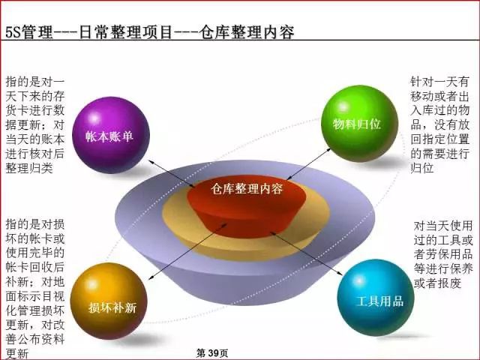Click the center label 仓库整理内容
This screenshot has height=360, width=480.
click(x=247, y=189)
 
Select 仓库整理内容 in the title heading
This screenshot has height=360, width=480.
click(x=247, y=32)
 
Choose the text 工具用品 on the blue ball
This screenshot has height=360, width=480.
click(x=379, y=301)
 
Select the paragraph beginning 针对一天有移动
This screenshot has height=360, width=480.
click(x=440, y=124)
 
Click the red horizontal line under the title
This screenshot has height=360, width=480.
click(x=240, y=43)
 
